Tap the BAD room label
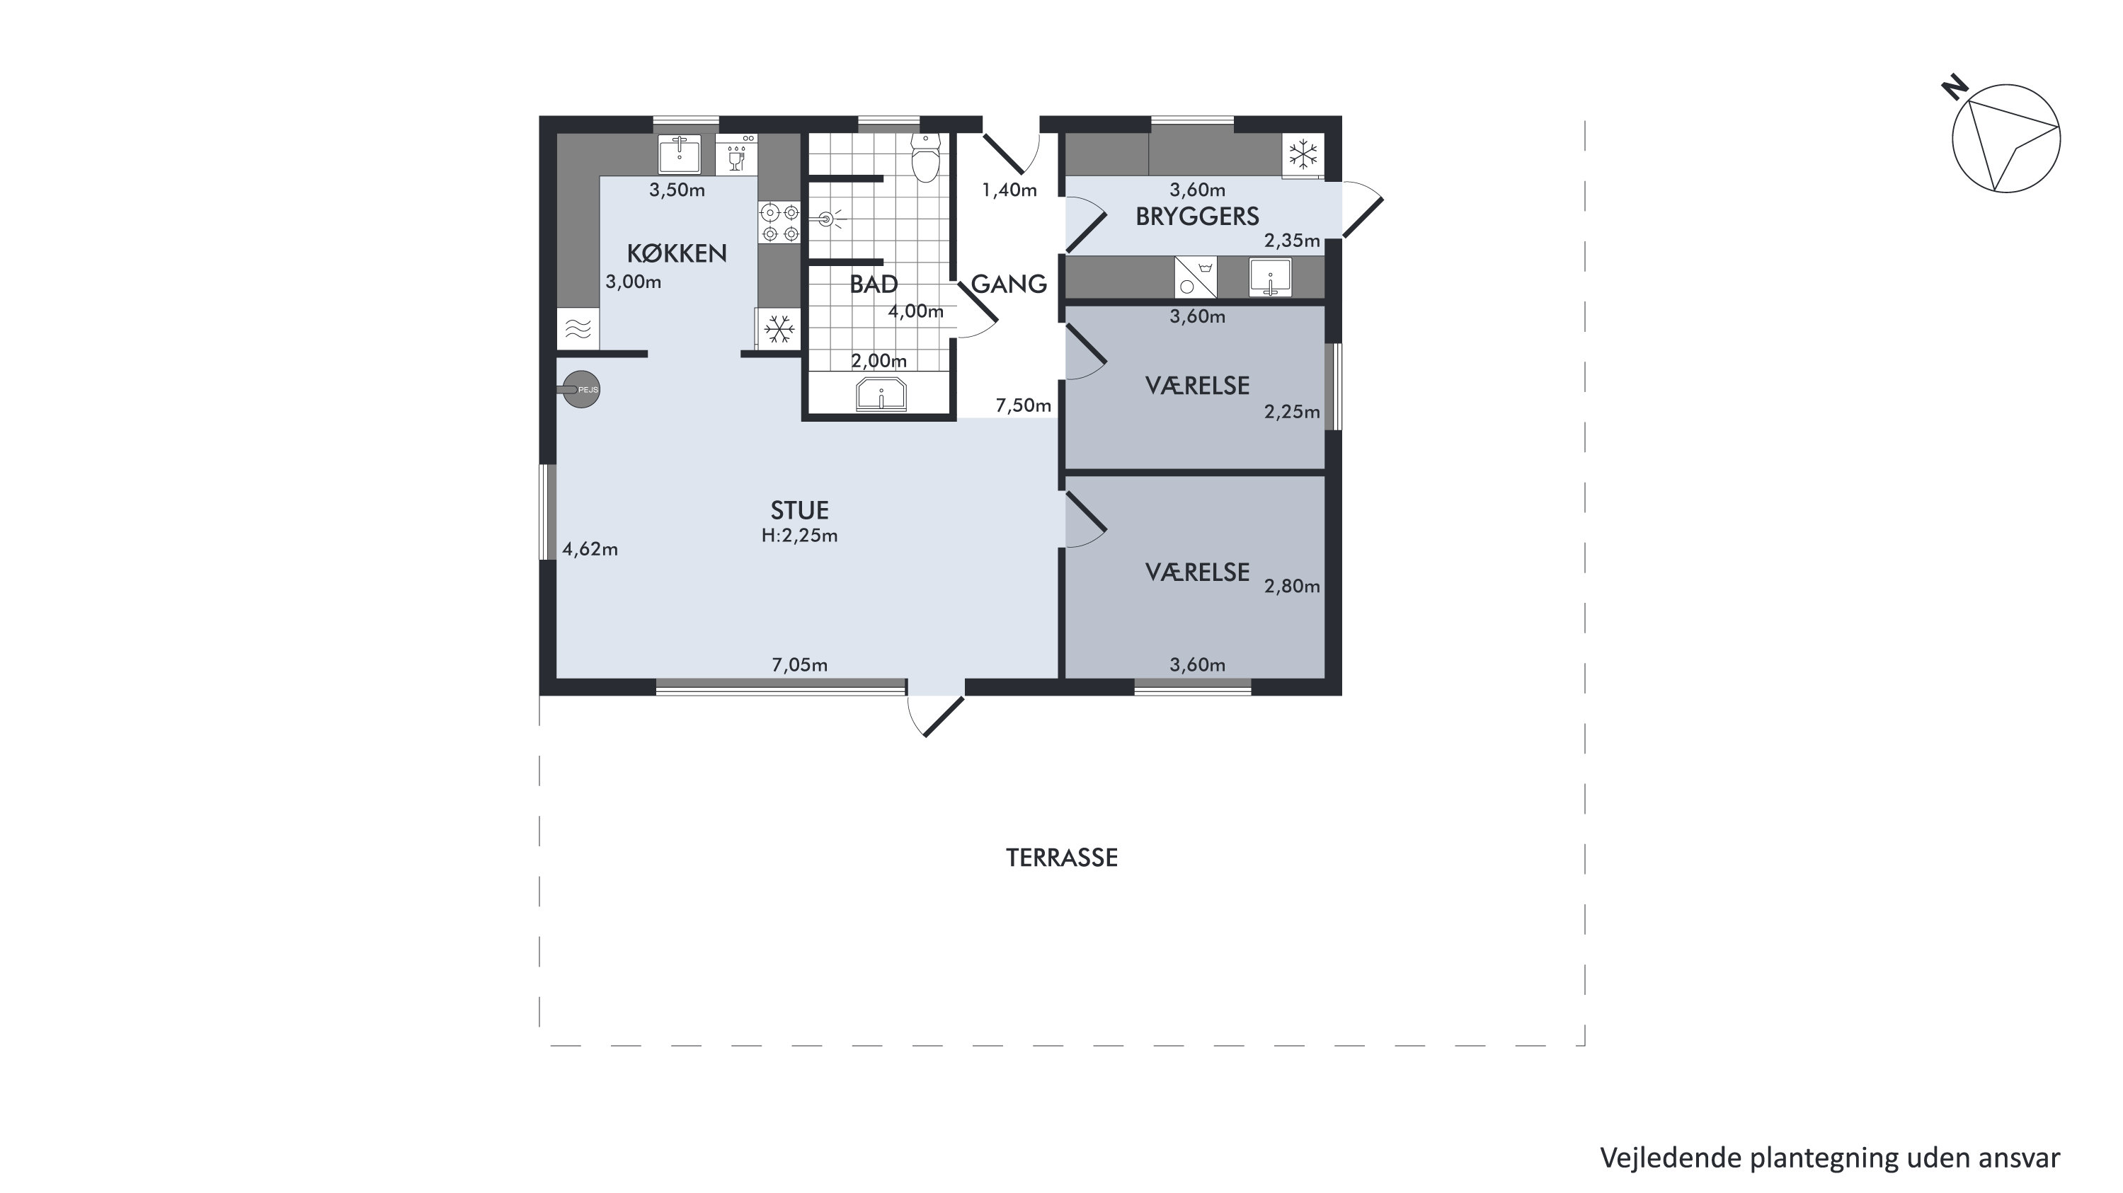pos(874,284)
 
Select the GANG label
pos(1009,284)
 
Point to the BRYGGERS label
pos(1198,217)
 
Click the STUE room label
pos(799,510)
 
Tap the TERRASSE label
pos(1062,858)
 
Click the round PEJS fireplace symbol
pos(581,390)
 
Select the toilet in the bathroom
pos(927,157)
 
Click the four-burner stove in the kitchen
pos(779,222)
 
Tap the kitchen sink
pos(679,154)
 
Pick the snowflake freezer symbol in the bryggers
pos(1303,154)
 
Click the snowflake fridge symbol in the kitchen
pos(778,330)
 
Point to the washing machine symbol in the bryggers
pos(1195,277)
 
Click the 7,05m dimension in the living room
pos(799,665)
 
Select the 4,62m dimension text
pos(590,550)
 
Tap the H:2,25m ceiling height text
pos(799,536)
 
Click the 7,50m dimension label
pos(1024,405)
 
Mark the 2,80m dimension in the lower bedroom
pos(1292,587)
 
